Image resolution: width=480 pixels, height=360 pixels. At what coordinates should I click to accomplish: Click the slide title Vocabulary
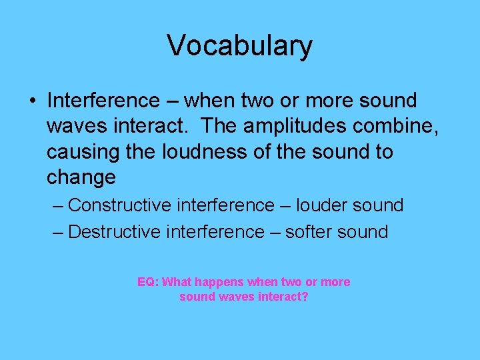(239, 45)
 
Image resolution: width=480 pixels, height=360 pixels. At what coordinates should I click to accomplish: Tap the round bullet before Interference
(32, 101)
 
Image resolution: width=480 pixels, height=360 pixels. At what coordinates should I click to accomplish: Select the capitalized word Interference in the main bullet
(103, 101)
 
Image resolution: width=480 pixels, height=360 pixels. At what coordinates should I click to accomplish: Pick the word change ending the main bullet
(81, 177)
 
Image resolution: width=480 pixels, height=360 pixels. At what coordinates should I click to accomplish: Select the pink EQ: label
(148, 282)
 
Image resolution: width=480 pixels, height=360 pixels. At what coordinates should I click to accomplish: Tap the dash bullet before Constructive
(58, 205)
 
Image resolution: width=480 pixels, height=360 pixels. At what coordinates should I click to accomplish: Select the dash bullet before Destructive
(58, 232)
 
